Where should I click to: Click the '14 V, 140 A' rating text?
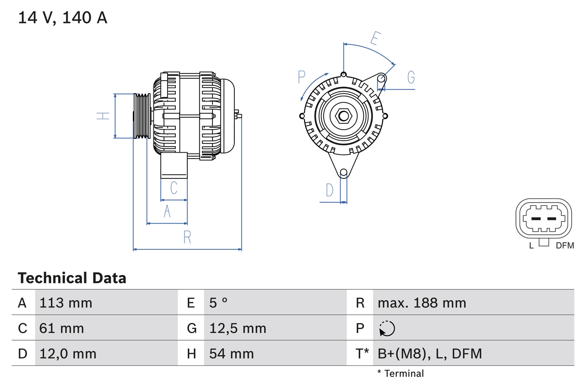coord(63,18)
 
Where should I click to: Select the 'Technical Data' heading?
coord(72,278)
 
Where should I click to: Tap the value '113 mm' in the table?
coord(66,303)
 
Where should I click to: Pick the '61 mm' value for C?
coord(62,328)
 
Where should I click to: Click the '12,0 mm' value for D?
coord(68,353)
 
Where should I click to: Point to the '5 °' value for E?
coord(218,303)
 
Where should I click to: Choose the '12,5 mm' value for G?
coord(238,328)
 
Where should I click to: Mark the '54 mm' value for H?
coord(231,353)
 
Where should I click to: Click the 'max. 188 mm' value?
coord(422,303)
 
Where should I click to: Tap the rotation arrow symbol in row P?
coord(387,329)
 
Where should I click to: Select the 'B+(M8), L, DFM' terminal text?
coord(429,353)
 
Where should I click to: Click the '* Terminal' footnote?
coord(401,374)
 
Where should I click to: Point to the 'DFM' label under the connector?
coord(564,246)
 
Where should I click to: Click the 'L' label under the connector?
coord(532,246)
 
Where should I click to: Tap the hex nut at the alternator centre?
coord(343,116)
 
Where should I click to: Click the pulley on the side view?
coord(142,116)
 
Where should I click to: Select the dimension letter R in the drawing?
coord(187,237)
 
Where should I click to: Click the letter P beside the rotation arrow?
coord(302,77)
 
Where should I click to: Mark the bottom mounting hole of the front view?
coord(343,173)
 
